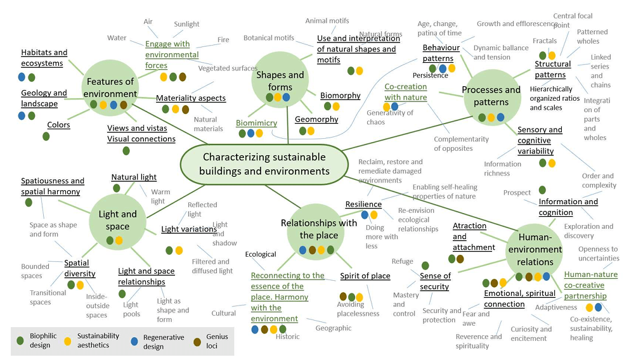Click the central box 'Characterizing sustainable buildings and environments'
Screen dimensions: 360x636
(x=263, y=164)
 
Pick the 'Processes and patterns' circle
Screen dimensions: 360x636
(x=491, y=95)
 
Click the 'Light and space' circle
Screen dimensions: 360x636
(x=117, y=220)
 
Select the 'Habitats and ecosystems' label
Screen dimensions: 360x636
(x=44, y=58)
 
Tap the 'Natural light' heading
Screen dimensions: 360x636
(x=134, y=177)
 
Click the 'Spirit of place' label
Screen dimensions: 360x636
(x=365, y=276)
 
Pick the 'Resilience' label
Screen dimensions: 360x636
(x=363, y=204)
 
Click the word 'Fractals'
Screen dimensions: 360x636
(x=545, y=41)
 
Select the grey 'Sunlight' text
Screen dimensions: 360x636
(x=187, y=25)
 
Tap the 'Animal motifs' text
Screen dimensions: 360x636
(x=327, y=21)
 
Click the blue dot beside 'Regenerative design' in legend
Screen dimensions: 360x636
(x=134, y=341)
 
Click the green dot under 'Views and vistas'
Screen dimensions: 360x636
(x=126, y=151)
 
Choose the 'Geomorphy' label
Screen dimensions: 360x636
(x=316, y=119)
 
